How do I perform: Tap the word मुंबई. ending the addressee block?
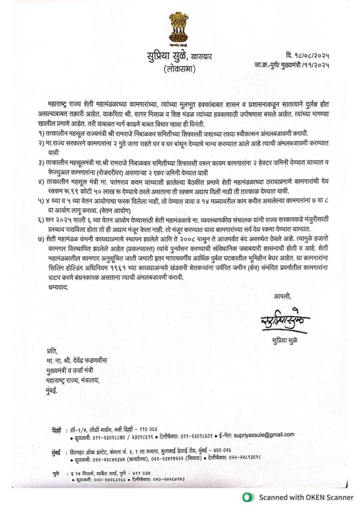pyautogui.click(x=49, y=391)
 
